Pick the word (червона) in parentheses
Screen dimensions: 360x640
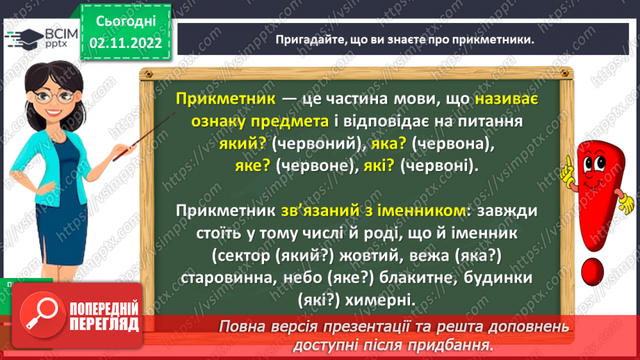click(448, 145)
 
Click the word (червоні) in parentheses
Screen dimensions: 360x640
click(434, 167)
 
